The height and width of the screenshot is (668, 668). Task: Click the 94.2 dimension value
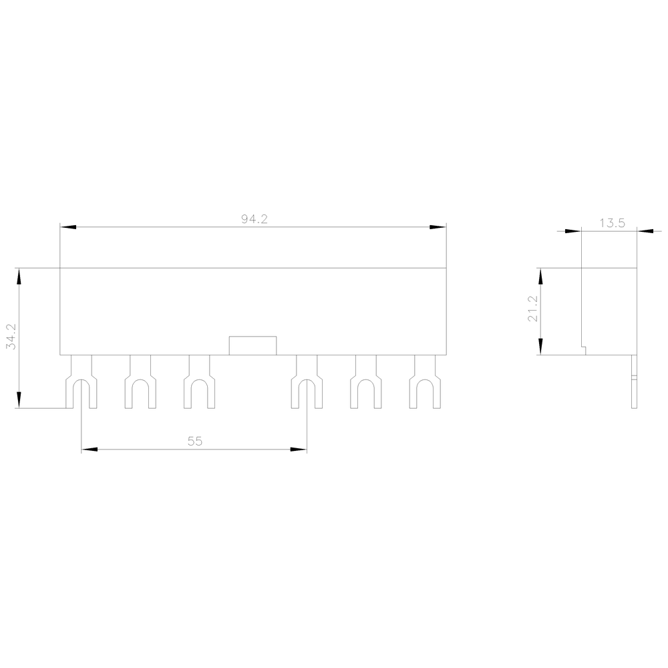click(255, 219)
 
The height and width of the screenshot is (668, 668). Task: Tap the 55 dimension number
click(194, 442)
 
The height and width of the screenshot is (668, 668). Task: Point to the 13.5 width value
click(612, 223)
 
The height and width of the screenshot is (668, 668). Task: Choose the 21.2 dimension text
click(533, 309)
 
